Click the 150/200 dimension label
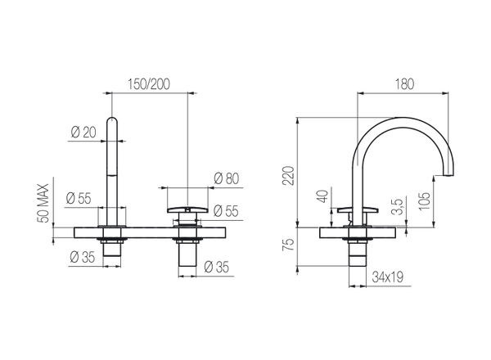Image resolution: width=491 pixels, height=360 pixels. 149,83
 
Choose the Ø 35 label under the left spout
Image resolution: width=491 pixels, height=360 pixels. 81,258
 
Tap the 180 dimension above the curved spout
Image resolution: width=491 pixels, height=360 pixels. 405,83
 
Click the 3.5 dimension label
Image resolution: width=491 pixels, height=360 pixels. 399,205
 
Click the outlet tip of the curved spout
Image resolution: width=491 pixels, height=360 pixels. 450,174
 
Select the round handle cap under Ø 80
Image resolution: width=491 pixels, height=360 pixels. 189,212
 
